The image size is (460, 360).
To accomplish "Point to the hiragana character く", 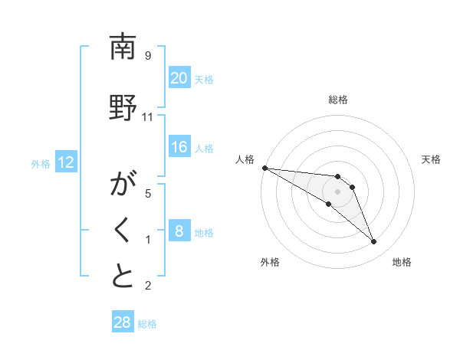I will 123,232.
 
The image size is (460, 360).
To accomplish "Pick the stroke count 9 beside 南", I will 147,56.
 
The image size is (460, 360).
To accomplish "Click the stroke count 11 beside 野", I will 148,116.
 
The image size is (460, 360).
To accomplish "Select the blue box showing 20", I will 179,77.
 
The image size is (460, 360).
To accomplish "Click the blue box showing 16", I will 179,147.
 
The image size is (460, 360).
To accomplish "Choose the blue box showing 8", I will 179,231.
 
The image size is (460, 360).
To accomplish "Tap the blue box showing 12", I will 66,162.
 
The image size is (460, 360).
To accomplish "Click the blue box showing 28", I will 122,322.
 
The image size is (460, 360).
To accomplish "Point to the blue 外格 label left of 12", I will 41,163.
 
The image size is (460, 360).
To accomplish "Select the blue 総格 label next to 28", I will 148,324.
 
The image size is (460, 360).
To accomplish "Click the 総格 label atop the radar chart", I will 337,100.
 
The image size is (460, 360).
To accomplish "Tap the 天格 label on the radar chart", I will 431,159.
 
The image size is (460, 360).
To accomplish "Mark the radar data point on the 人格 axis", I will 264,168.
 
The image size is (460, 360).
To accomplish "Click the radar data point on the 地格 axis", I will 374,242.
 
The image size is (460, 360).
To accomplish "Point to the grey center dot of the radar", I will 337,191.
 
